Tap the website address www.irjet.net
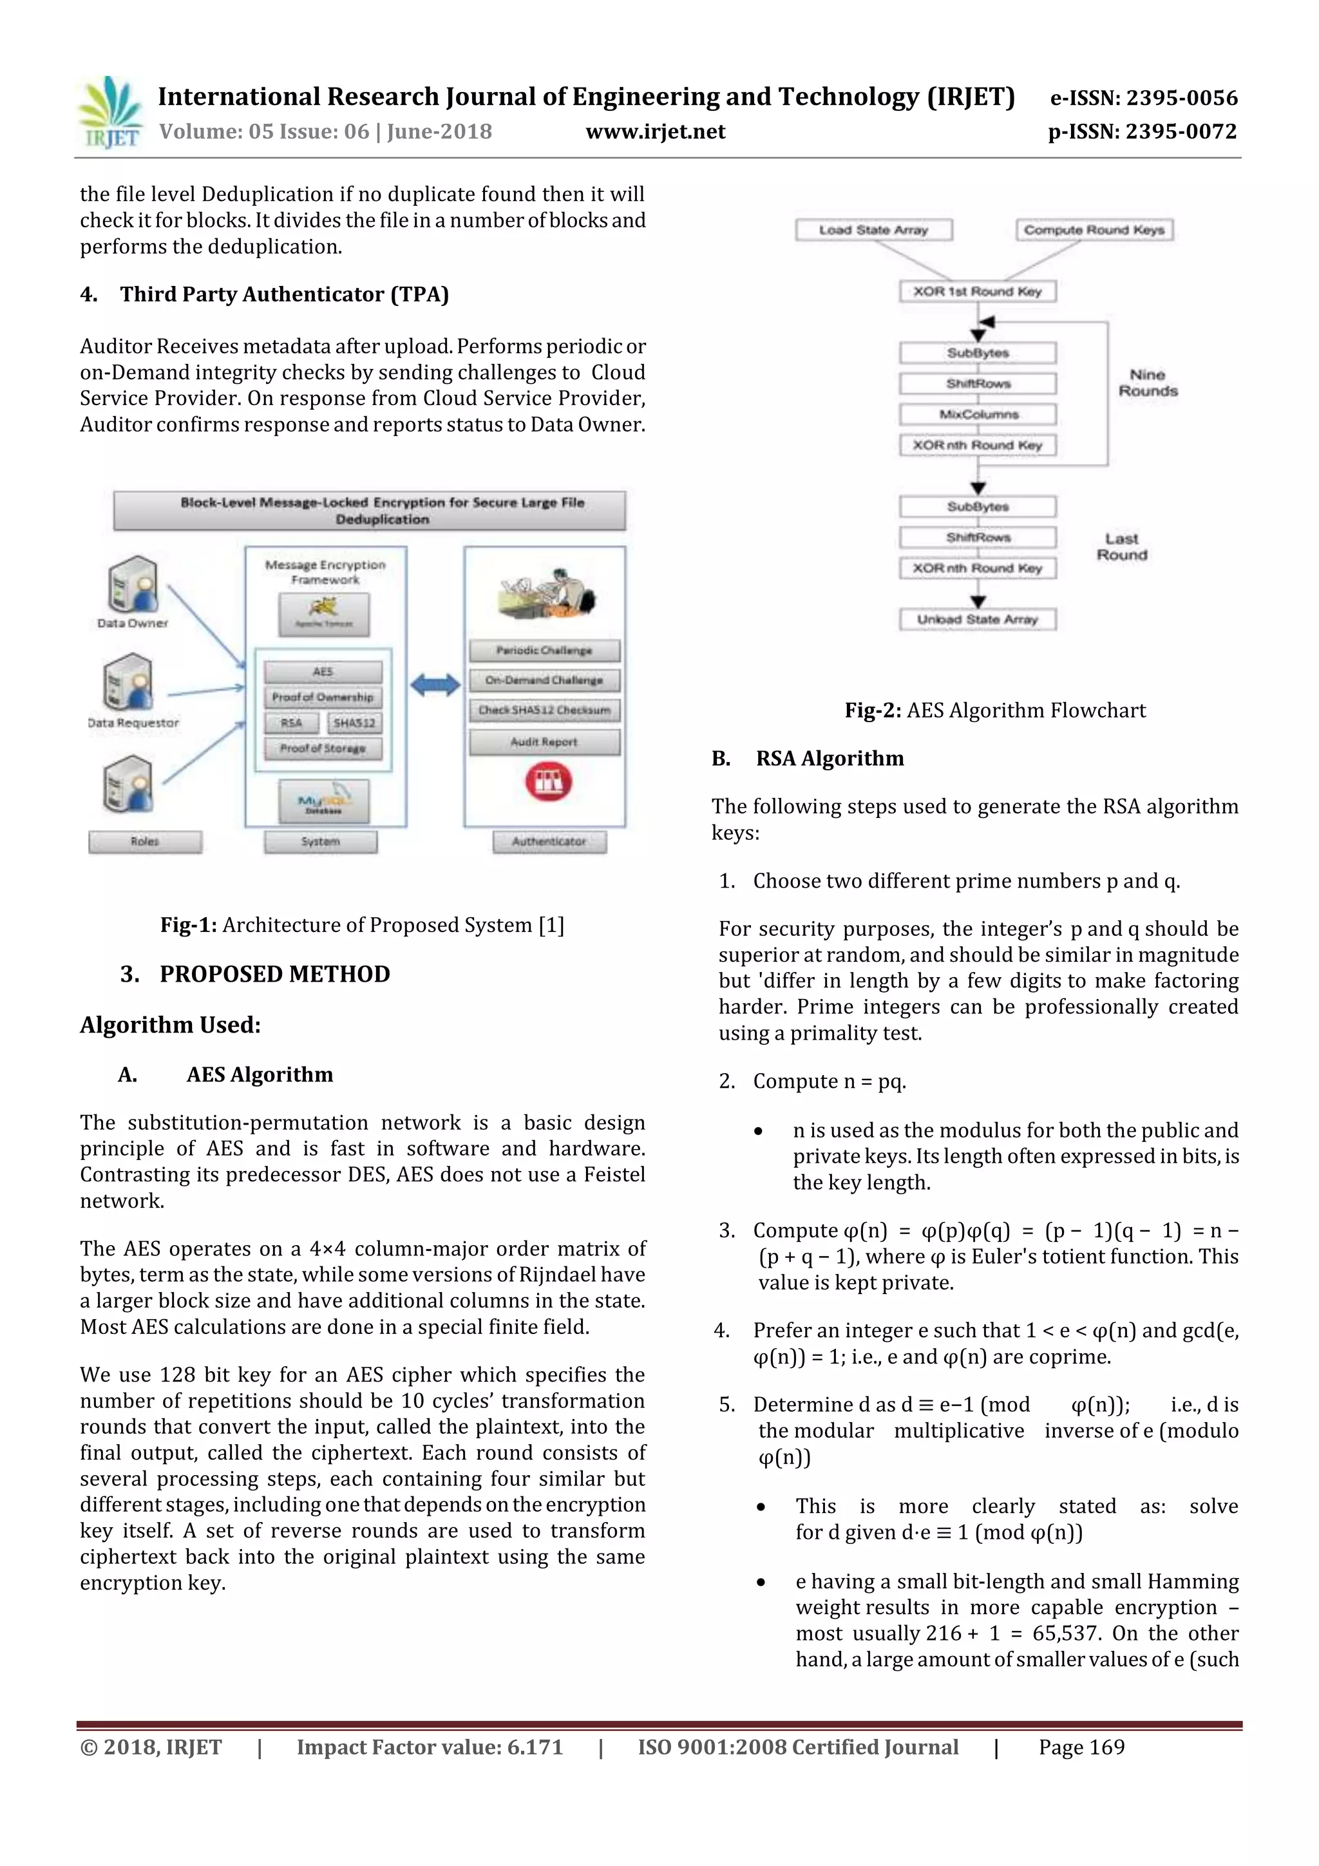655,131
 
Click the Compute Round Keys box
1093,230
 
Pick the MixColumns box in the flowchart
978,414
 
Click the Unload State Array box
978,619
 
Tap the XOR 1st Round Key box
977,291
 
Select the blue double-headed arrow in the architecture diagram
435,685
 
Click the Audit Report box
544,741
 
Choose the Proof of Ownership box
323,696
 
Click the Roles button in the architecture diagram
145,841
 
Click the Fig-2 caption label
872,710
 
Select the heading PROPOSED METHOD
275,974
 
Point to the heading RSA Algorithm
829,758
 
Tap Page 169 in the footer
1081,1747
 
